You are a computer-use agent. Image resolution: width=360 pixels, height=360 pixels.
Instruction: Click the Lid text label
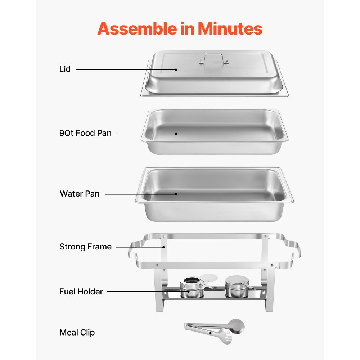pyautogui.click(x=65, y=69)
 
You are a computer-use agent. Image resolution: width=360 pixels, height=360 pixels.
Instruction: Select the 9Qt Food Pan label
pyautogui.click(x=85, y=133)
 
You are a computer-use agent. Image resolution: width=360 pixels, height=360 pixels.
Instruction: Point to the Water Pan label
pyautogui.click(x=80, y=194)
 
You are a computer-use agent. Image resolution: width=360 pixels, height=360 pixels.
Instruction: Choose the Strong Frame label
pyautogui.click(x=85, y=247)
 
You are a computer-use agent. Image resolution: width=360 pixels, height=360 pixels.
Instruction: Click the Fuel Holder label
pyautogui.click(x=81, y=292)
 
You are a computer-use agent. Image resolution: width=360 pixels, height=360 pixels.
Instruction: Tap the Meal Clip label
pyautogui.click(x=77, y=333)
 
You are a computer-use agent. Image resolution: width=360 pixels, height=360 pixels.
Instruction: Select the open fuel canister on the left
pyautogui.click(x=192, y=287)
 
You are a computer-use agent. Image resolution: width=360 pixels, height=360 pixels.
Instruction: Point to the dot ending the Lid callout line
pyautogui.click(x=176, y=69)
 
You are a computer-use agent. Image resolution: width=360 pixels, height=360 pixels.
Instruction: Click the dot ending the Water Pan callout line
pyautogui.click(x=176, y=194)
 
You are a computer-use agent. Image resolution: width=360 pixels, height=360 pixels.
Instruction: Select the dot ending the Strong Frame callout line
pyautogui.click(x=164, y=247)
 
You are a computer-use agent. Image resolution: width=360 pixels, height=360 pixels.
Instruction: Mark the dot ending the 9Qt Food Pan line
pyautogui.click(x=176, y=134)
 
